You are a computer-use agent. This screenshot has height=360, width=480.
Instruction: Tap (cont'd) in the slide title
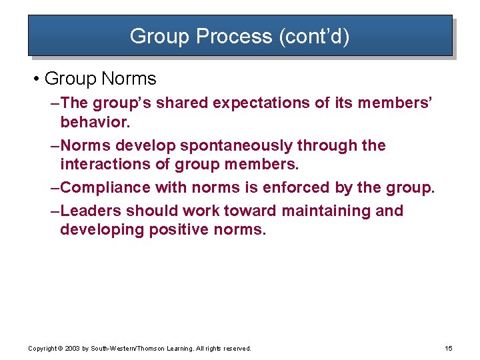tap(312, 36)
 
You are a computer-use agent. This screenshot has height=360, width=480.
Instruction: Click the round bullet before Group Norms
tap(35, 79)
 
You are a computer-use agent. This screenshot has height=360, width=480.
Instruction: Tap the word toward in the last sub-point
tap(250, 211)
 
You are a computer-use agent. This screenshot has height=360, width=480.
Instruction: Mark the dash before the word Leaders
tap(55, 211)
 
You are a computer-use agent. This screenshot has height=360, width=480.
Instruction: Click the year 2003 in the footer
tap(71, 349)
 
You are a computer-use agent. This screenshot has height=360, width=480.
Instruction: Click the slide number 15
tap(448, 349)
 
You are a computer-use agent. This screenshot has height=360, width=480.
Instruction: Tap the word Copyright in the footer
tap(43, 349)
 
